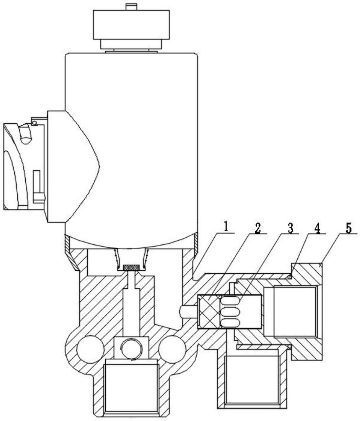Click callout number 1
(226, 227)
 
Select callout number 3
(290, 228)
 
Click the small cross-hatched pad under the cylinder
(132, 267)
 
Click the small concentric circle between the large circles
(131, 349)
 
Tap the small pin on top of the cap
(131, 6)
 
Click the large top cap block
(131, 24)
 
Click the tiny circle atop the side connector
(34, 122)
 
